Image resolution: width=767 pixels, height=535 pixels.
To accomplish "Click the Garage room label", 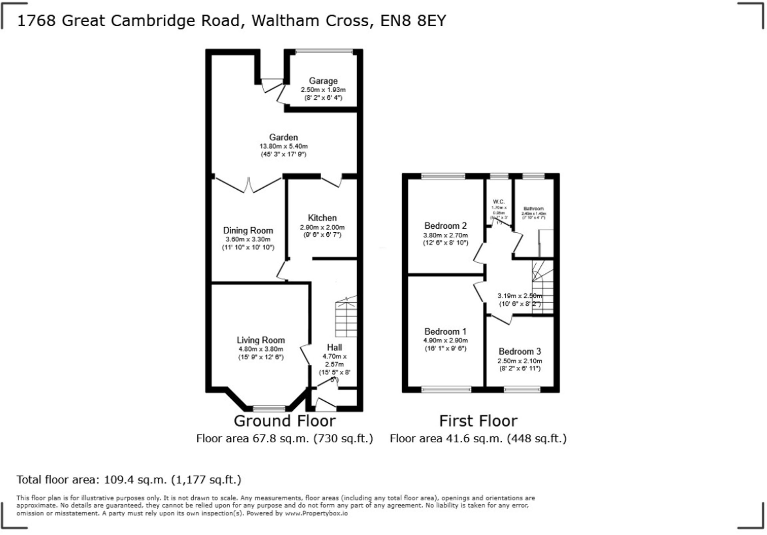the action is pos(323,81).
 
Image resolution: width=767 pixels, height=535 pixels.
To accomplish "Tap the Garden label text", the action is pos(283,137).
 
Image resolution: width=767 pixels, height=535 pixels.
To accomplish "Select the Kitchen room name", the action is pos(322,218).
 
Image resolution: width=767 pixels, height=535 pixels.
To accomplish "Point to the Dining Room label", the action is pos(248,230).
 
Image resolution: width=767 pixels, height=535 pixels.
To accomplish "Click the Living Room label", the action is pos(261,340).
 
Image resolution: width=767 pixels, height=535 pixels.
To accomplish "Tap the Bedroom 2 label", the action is pos(445,226).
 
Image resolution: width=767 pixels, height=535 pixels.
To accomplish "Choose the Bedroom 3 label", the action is pos(520,351).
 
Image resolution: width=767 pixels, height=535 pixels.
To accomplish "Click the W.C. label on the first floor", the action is pos(499,202).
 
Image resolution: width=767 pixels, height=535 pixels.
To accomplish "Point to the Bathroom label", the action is pos(533,209).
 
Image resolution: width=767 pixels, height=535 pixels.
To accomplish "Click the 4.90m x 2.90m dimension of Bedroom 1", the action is pos(445,341).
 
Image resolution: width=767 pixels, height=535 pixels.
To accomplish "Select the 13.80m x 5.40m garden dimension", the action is pos(283,146).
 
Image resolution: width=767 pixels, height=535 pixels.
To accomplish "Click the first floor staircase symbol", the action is pos(542,287).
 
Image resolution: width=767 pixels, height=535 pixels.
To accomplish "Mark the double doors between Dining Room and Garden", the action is pos(248,185).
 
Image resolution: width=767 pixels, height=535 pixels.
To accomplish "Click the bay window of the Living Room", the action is pos(269,408).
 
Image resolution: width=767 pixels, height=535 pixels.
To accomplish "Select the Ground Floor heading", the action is pos(284,421).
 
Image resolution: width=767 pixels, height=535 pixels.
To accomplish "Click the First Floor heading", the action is pos(478,421).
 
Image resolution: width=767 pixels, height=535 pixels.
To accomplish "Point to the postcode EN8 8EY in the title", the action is pos(413,21).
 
